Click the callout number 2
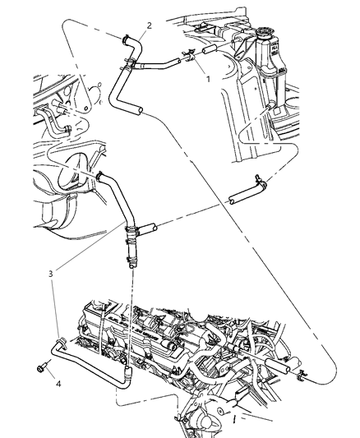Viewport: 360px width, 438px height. coord(149,25)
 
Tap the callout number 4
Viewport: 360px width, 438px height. coord(58,381)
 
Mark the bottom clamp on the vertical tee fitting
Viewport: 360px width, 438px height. coord(130,262)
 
